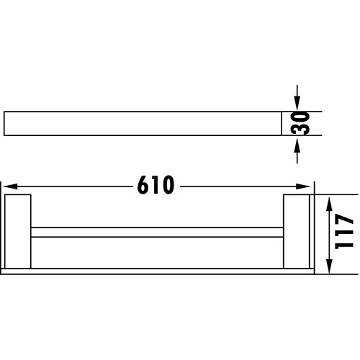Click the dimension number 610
point(156,185)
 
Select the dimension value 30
point(301,123)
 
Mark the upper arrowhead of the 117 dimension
point(328,202)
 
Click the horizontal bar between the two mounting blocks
point(157,233)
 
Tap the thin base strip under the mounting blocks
point(157,271)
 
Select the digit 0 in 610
point(168,185)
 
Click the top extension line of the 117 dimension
point(335,194)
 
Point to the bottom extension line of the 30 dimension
point(302,135)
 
